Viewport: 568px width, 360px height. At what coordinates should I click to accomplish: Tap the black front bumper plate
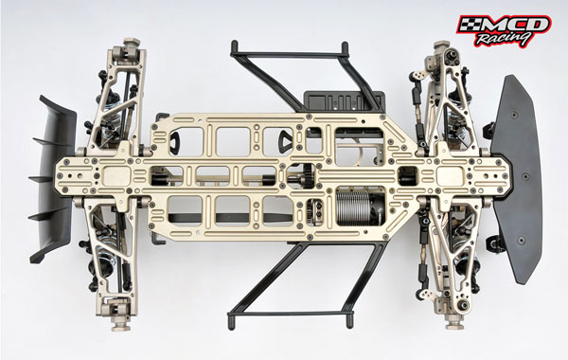click(517, 178)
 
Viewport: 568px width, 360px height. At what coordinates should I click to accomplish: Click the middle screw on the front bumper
click(524, 178)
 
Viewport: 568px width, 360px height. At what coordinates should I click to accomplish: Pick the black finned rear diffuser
click(53, 179)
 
